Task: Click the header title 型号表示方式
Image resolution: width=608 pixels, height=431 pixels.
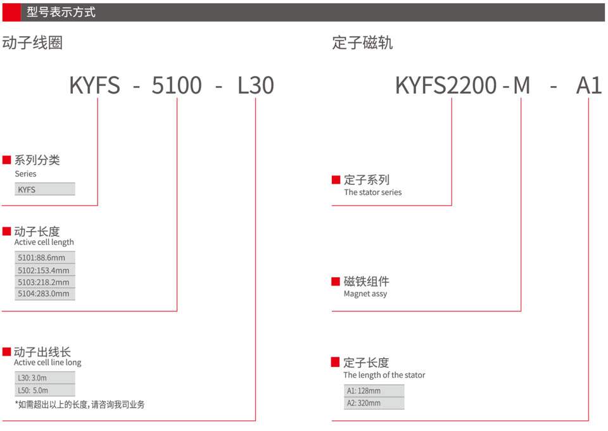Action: [61, 12]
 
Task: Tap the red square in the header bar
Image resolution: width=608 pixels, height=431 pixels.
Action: [11, 13]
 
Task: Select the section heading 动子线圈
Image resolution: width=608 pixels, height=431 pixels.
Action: [32, 42]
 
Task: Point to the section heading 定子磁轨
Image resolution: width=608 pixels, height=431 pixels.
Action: [362, 42]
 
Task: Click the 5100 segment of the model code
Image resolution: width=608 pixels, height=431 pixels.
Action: [177, 85]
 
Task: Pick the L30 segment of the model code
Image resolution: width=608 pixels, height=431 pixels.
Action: [255, 85]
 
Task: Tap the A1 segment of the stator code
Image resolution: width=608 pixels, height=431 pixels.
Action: [589, 85]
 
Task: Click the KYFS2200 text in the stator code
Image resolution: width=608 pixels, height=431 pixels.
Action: [446, 85]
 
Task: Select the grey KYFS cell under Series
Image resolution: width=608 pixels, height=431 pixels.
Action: [45, 189]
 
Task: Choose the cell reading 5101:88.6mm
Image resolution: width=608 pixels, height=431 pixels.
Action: [45, 258]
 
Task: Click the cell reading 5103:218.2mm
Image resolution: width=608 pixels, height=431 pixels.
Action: [45, 282]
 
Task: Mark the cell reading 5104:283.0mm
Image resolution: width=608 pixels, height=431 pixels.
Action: [45, 294]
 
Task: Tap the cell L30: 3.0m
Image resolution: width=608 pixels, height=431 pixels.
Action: [45, 377]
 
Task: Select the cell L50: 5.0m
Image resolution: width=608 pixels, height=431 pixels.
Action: [45, 390]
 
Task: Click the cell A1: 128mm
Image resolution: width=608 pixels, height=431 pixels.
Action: [374, 390]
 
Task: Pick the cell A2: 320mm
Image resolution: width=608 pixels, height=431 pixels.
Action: [374, 403]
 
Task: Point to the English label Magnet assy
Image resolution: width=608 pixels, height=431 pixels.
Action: [365, 294]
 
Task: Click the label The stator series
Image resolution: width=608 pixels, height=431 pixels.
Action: [372, 192]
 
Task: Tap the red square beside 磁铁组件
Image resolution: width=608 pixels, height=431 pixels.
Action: [336, 282]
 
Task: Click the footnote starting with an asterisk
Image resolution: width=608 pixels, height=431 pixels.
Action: [80, 404]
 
